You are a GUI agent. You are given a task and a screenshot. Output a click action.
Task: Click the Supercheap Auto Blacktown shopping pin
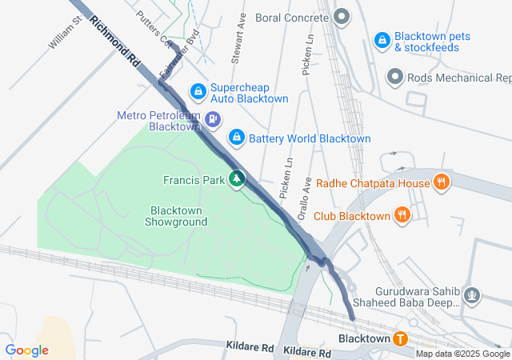(x=198, y=93)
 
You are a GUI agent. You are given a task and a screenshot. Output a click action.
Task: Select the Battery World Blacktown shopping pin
(x=237, y=138)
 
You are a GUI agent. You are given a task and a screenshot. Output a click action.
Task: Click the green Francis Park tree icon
(x=237, y=179)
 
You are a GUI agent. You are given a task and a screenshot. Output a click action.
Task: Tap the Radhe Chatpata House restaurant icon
(x=440, y=182)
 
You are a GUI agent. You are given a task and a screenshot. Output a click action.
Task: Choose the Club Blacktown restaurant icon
(x=402, y=215)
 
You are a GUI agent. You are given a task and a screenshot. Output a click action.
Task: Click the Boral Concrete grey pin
(x=342, y=17)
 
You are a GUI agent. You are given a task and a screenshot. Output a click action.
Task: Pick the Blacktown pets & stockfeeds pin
(x=382, y=40)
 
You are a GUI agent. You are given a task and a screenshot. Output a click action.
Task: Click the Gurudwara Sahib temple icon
(x=473, y=296)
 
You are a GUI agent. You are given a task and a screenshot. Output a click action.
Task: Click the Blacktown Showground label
(x=175, y=216)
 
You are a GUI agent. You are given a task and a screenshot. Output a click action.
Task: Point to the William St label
(x=66, y=32)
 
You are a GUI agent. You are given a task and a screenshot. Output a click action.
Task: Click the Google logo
(x=26, y=350)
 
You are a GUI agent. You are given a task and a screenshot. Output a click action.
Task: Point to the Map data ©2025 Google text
(x=462, y=354)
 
